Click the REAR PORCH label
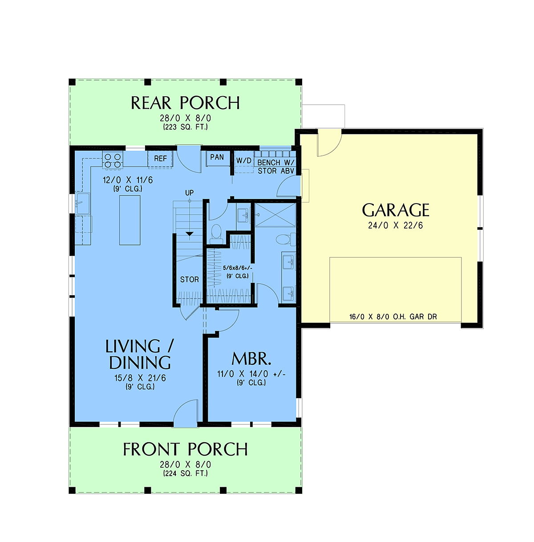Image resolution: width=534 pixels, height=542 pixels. pyautogui.click(x=185, y=103)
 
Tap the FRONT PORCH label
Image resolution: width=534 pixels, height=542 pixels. pyautogui.click(x=185, y=449)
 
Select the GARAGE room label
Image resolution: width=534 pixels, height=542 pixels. pyautogui.click(x=396, y=210)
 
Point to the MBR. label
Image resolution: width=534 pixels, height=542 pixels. pyautogui.click(x=251, y=359)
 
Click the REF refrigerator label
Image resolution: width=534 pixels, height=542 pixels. pyautogui.click(x=161, y=159)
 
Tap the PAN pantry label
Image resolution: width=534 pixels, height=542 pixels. pyautogui.click(x=217, y=157)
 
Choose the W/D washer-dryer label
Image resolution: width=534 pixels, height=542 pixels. pyautogui.click(x=244, y=161)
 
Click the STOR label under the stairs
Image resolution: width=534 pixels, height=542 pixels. pyautogui.click(x=190, y=279)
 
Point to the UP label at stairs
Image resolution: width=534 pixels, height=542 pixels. pyautogui.click(x=190, y=193)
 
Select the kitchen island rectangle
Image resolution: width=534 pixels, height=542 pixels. pyautogui.click(x=130, y=220)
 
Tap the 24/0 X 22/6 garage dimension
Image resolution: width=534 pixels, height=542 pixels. pyautogui.click(x=396, y=226)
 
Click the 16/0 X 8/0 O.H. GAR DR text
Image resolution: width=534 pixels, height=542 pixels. pyautogui.click(x=393, y=317)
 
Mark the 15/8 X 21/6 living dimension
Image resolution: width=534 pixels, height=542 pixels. pyautogui.click(x=140, y=378)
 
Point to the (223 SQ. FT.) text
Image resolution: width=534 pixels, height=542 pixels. pyautogui.click(x=186, y=127)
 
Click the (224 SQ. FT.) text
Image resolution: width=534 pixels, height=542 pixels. pyautogui.click(x=186, y=473)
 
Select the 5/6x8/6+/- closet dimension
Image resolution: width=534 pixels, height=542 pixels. pyautogui.click(x=238, y=268)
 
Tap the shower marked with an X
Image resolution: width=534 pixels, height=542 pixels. pyautogui.click(x=275, y=215)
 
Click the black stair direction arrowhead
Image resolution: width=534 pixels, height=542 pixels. pyautogui.click(x=190, y=234)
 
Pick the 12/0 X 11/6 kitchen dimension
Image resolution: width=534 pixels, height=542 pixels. pyautogui.click(x=128, y=180)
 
